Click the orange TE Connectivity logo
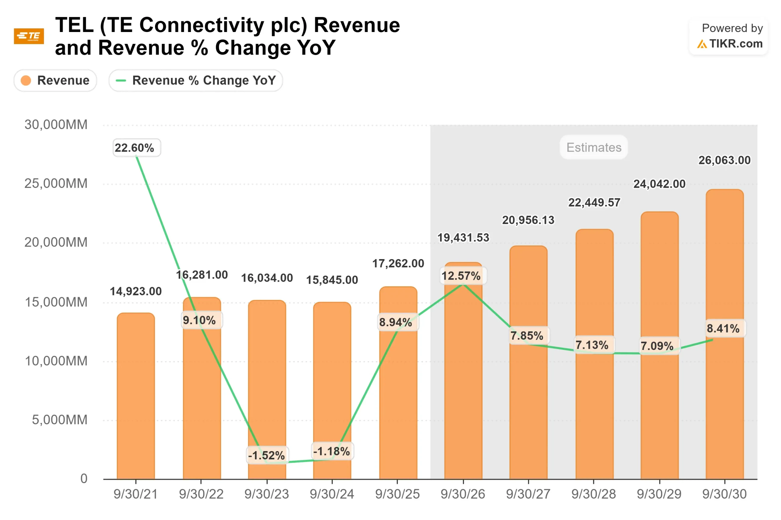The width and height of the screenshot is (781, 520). click(x=29, y=36)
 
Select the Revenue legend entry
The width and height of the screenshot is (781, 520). click(x=55, y=80)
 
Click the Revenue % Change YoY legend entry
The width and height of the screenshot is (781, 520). click(x=196, y=80)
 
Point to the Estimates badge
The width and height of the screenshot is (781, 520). click(x=593, y=147)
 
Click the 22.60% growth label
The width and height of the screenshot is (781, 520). click(x=135, y=148)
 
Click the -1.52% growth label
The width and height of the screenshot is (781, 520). click(x=267, y=455)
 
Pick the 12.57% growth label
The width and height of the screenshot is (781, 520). click(x=461, y=275)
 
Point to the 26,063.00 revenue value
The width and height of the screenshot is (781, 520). click(x=724, y=160)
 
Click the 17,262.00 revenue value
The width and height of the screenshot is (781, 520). click(x=398, y=263)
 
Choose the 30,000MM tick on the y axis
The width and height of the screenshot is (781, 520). click(x=56, y=125)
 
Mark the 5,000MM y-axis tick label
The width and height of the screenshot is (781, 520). click(x=60, y=420)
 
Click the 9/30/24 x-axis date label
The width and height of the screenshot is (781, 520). click(x=332, y=494)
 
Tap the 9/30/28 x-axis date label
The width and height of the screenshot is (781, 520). click(x=593, y=494)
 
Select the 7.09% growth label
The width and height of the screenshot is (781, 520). click(x=657, y=346)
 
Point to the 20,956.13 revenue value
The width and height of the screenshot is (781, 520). click(x=528, y=220)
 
